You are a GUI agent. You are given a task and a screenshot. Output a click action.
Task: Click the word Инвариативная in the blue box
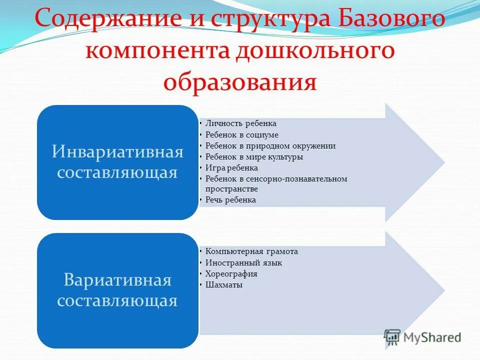117,152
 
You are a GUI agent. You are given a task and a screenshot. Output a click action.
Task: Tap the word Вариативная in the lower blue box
117,280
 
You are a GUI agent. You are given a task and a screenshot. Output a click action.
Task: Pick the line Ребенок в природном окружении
270,146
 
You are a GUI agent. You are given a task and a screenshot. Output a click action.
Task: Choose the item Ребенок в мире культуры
254,157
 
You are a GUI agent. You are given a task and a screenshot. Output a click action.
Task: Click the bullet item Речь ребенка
230,200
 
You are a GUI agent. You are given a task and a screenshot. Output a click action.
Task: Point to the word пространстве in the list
231,189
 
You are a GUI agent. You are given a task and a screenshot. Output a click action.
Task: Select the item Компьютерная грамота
251,251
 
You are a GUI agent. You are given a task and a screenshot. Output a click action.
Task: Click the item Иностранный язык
243,263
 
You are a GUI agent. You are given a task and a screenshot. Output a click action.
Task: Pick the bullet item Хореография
231,274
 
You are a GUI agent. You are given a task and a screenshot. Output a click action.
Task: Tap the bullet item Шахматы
223,285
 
